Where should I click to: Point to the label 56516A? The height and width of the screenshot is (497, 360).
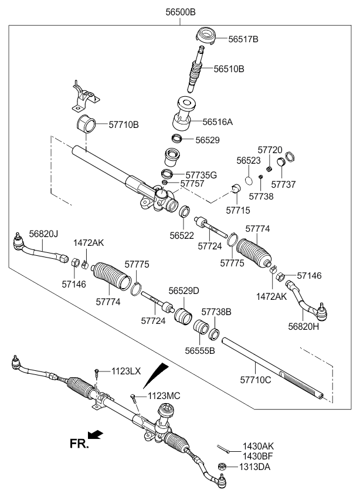tap(218, 123)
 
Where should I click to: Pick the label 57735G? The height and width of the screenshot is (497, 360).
tap(201, 174)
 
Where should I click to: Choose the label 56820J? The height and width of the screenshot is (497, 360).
tap(44, 234)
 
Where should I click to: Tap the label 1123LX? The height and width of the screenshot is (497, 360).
tap(127, 371)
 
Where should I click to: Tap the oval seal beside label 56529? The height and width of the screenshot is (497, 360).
tap(176, 138)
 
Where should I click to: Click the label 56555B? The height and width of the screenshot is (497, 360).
tap(200, 350)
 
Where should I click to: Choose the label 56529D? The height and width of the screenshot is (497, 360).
tap(184, 290)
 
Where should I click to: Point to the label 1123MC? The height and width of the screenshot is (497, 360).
tap(164, 396)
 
